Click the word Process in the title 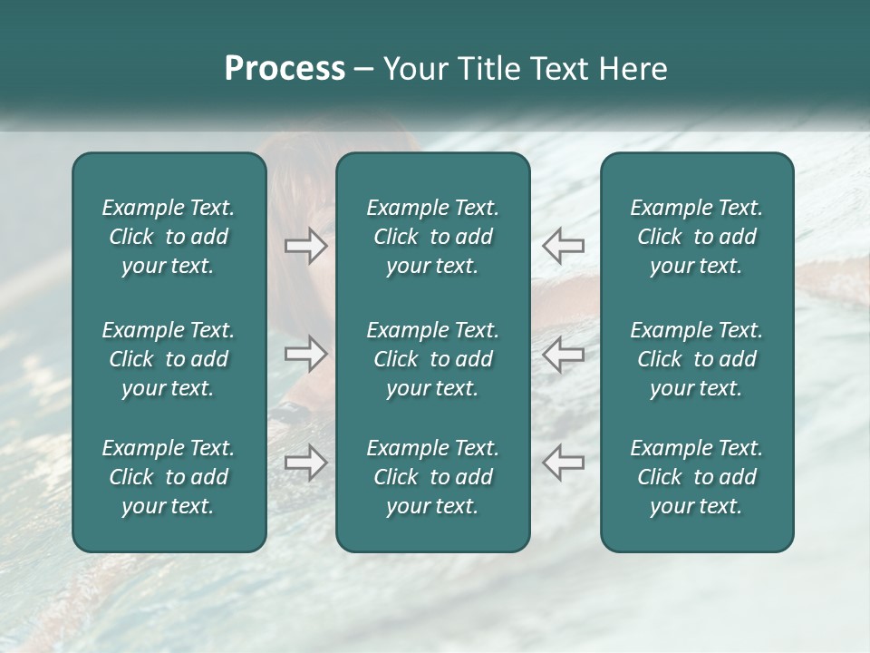point(285,69)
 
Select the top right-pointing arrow point(306,245)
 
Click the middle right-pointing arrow point(306,354)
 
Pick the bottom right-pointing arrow point(306,463)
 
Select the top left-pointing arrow point(563,245)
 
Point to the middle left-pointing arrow point(563,354)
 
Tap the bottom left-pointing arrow point(563,463)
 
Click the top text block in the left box point(169,237)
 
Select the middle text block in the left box point(169,359)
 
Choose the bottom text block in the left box point(169,477)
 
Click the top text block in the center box point(433,237)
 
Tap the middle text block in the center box point(433,359)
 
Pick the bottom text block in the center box point(433,477)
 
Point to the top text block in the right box point(697,237)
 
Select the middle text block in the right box point(697,359)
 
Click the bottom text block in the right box point(697,477)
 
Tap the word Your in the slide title point(413,69)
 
